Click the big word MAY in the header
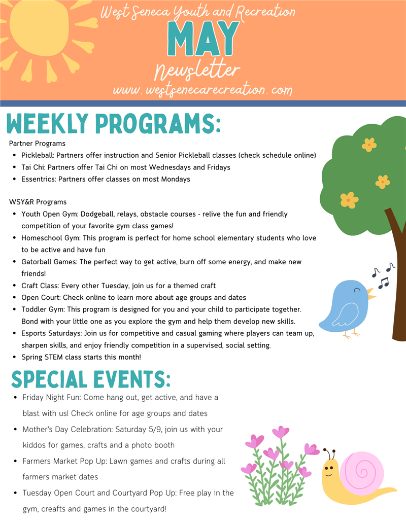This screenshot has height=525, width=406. click(203, 40)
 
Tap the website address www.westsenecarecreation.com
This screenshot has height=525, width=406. click(202, 90)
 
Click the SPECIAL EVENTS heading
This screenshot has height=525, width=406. click(91, 379)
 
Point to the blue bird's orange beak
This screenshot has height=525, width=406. click(371, 294)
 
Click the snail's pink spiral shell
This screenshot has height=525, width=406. click(361, 470)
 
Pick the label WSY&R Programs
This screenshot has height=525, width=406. click(38, 202)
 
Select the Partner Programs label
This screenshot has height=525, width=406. click(37, 144)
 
